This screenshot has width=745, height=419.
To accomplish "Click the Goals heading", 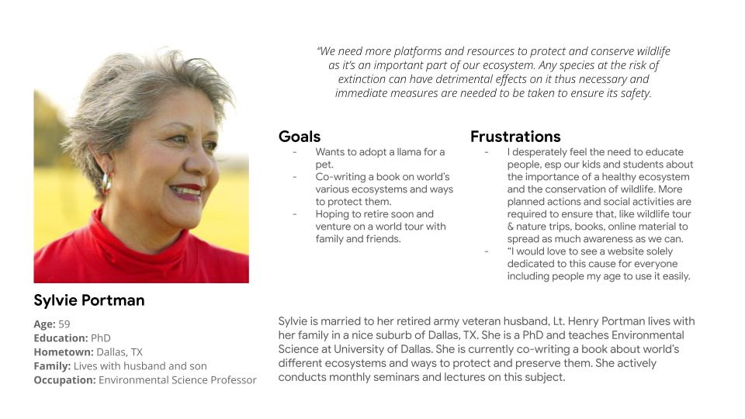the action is coord(300,137).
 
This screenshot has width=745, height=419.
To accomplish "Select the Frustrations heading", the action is coord(515,137).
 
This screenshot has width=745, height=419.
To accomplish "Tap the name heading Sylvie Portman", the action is coord(88,300).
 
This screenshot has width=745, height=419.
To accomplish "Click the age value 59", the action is coord(64,324).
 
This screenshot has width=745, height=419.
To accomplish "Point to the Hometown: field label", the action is coord(64,352).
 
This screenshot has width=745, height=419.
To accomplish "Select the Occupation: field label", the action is coord(64,380).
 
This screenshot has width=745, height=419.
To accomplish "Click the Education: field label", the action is coord(61,338).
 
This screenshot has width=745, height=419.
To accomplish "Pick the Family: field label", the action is coord(52,366).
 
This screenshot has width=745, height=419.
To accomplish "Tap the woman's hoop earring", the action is coord(106,182).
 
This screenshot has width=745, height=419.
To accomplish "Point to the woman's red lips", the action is coord(187,191).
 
